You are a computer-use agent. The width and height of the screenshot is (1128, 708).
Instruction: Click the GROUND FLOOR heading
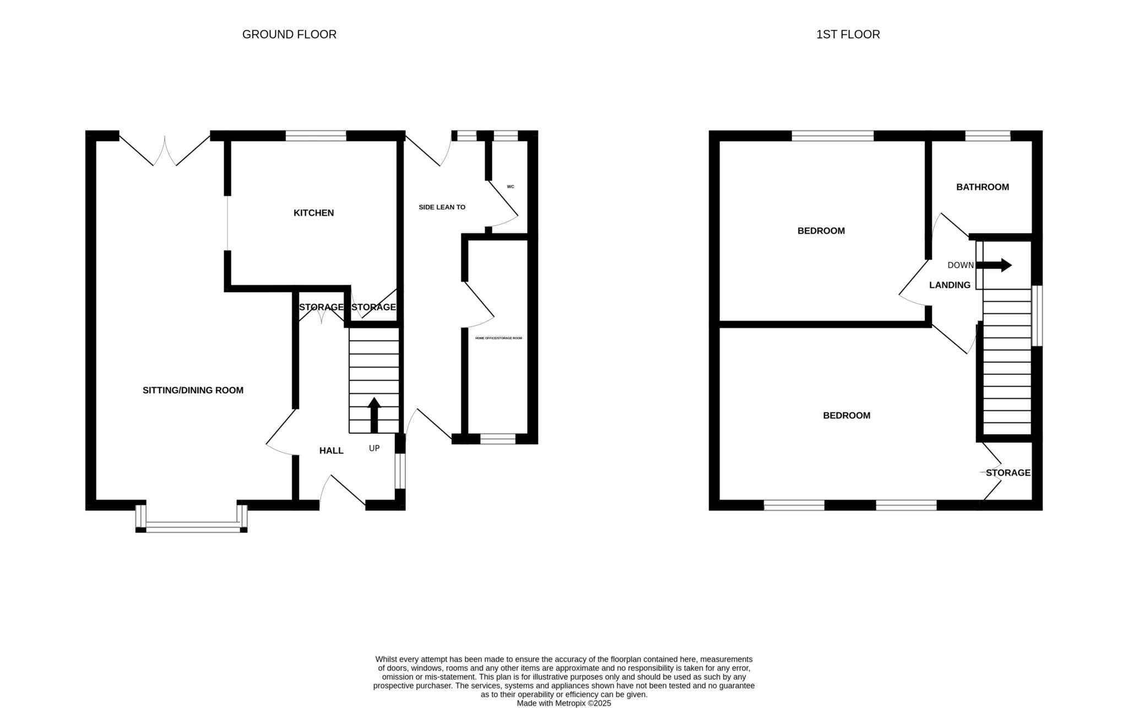(x=289, y=35)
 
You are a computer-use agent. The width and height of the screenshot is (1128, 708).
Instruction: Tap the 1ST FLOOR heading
(x=848, y=35)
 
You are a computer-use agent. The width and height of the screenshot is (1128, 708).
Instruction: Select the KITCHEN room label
(x=313, y=213)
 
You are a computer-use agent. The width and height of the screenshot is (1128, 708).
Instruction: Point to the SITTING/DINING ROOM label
(x=193, y=390)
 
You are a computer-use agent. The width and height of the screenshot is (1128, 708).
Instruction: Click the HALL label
(x=332, y=451)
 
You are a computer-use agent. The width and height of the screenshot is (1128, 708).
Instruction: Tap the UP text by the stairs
(x=374, y=448)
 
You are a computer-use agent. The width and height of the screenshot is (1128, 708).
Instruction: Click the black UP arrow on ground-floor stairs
(x=374, y=415)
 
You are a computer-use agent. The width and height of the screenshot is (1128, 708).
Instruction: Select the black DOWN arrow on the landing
(x=994, y=265)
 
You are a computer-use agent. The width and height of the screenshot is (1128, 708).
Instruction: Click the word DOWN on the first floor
(x=961, y=265)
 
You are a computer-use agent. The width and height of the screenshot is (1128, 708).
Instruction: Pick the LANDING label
(x=950, y=285)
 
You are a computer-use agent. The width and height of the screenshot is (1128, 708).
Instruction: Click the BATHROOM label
(x=983, y=187)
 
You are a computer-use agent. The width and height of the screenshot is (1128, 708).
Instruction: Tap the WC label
(x=511, y=187)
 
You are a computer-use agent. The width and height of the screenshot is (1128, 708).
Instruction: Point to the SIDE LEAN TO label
(x=442, y=208)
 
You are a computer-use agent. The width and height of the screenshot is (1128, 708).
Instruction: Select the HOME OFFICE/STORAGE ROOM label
(x=498, y=338)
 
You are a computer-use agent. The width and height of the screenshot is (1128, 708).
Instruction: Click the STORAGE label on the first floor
(x=1008, y=473)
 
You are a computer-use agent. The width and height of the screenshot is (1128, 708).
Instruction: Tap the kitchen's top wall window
(x=316, y=136)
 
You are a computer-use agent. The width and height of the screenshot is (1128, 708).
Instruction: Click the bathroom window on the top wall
(x=988, y=136)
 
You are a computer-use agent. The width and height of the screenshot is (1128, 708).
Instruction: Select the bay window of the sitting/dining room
(x=191, y=527)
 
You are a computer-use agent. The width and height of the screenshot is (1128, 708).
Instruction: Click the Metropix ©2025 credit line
(x=563, y=704)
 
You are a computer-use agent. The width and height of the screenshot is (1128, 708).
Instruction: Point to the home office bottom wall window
(x=498, y=439)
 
